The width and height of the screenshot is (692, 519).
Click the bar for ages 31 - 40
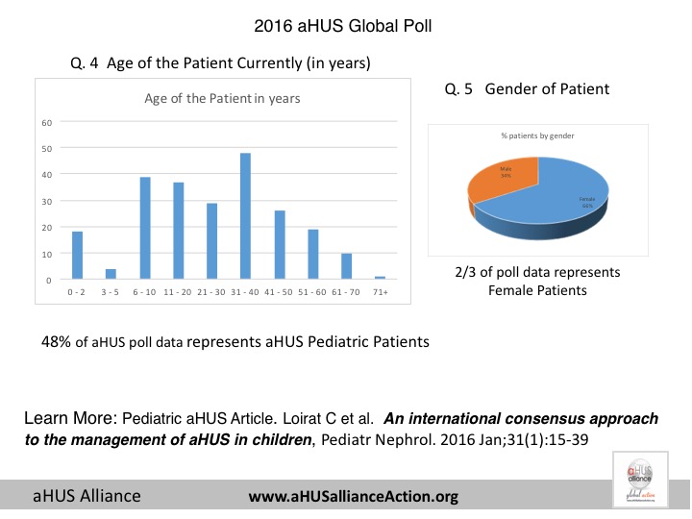point(245,216)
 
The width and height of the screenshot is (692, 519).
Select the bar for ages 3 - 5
point(111,274)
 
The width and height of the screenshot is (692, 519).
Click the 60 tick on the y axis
point(46,122)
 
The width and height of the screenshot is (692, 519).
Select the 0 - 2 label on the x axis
point(78,291)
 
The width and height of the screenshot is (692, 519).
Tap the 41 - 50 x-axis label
point(279,291)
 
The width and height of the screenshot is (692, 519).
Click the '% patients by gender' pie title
point(538,137)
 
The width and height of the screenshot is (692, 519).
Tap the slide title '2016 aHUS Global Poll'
point(345,25)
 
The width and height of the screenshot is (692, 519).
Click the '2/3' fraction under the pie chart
point(465,272)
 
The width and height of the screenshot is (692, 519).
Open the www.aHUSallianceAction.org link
point(353,497)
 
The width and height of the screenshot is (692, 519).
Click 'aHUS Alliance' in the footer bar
point(87,496)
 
